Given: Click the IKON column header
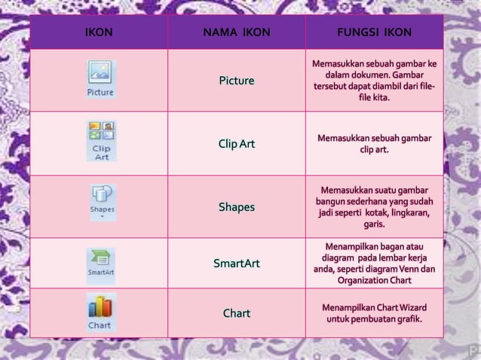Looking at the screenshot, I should point(98,33).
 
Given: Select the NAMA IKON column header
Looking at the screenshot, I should point(236,33).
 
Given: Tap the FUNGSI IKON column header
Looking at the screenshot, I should point(374,33).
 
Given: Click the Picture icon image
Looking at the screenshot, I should point(100,79).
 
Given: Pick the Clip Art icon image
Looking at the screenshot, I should point(101,141).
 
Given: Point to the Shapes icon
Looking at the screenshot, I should point(102,201).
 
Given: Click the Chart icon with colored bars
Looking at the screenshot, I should point(100,312).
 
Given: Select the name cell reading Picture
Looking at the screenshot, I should point(236,81).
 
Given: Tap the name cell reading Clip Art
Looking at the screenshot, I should point(236,144).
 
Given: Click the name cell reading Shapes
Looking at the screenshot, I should point(236,207).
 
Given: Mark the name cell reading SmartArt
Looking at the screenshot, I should point(236,264).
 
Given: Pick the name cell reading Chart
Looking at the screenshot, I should point(236,313).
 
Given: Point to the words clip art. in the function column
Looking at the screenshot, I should point(374,150).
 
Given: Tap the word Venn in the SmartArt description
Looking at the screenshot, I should point(409,269).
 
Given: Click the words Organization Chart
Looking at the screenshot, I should point(374,280).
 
